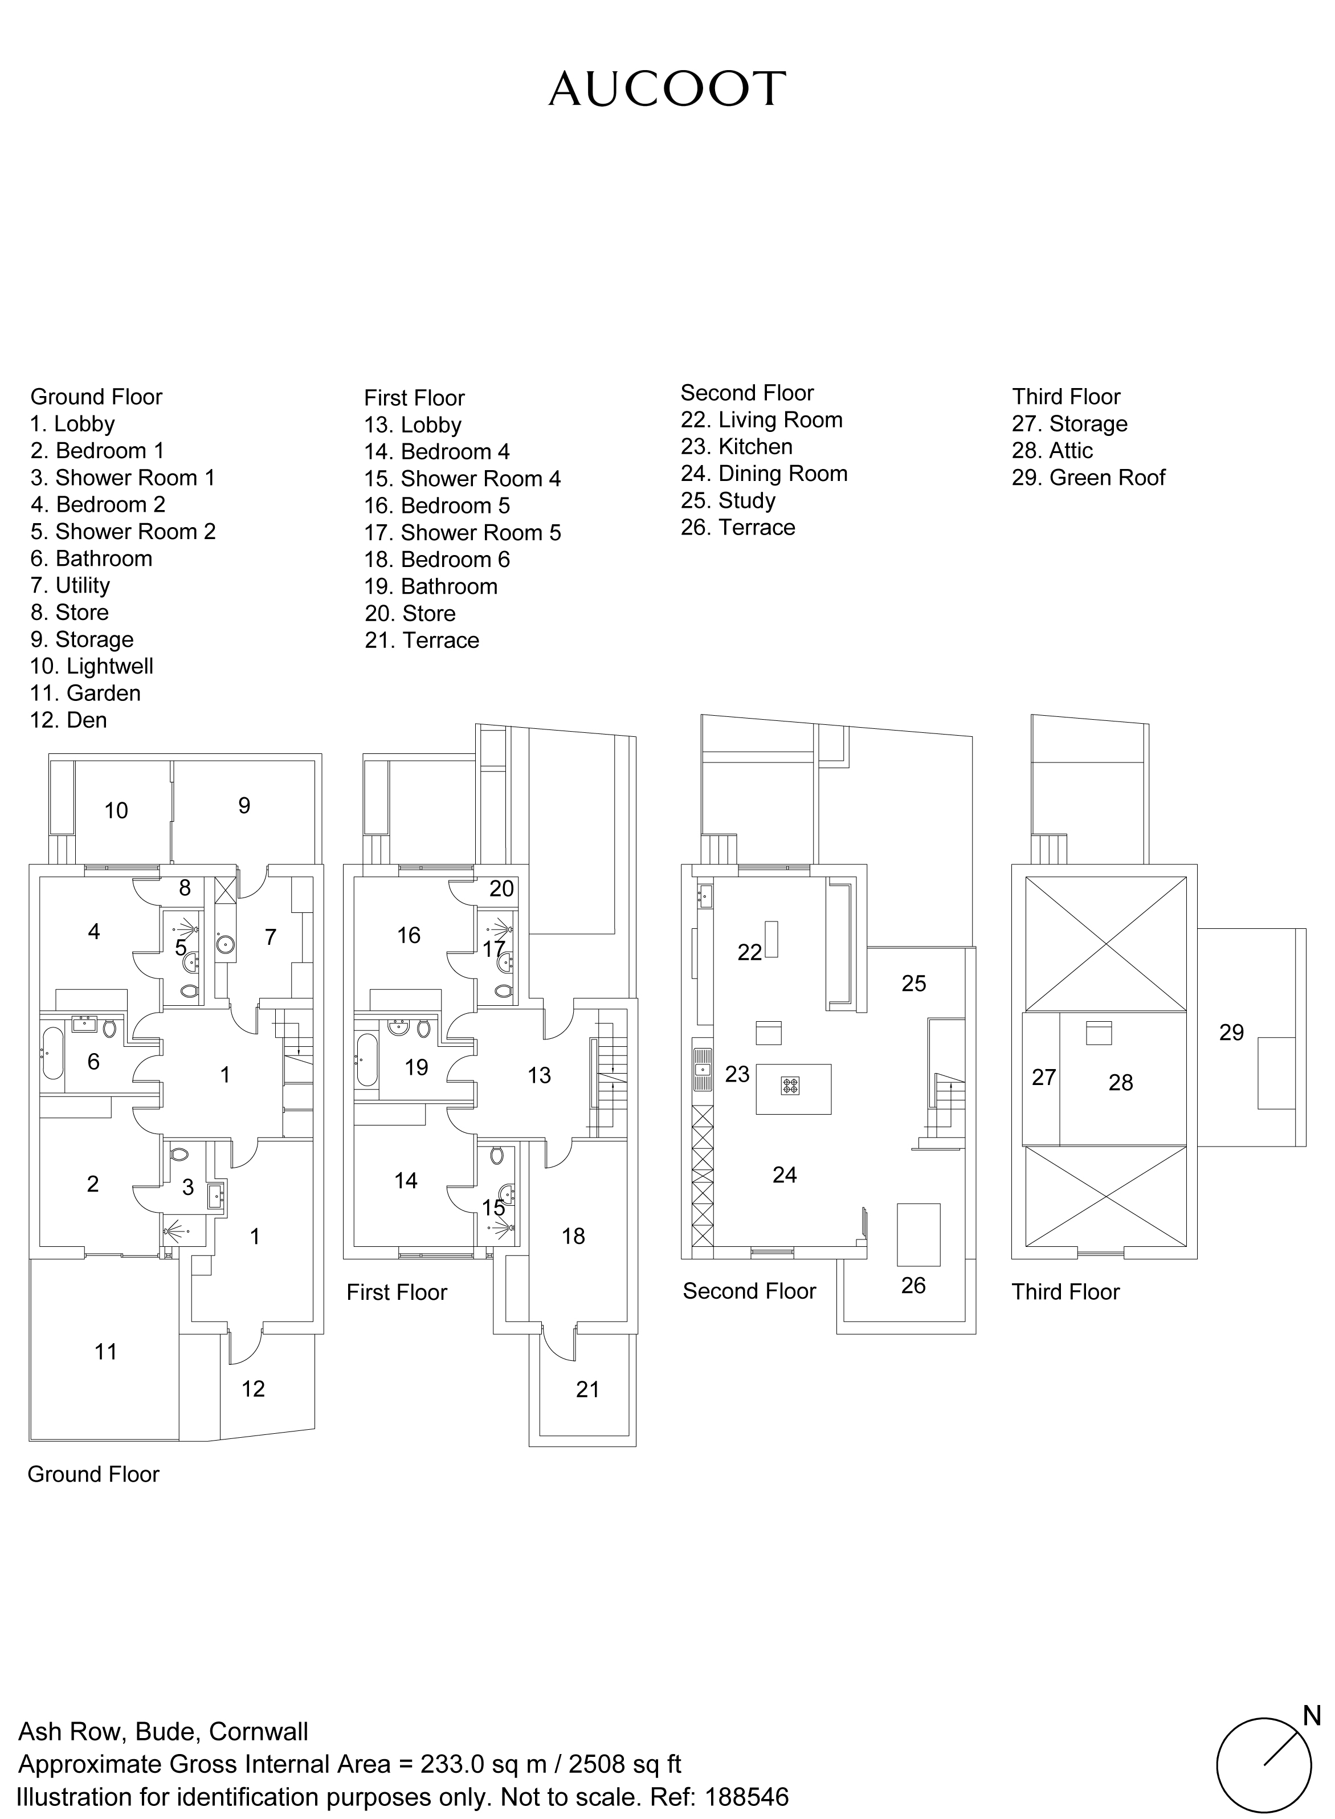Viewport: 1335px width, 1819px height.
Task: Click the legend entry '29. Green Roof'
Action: click(x=1088, y=478)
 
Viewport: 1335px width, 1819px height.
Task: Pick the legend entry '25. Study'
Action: click(x=728, y=501)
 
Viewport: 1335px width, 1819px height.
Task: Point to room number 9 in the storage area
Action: click(x=244, y=806)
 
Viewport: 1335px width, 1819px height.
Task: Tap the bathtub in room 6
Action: click(x=52, y=1053)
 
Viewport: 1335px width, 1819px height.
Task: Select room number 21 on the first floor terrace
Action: click(x=587, y=1389)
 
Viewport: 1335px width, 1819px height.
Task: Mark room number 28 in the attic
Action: click(x=1121, y=1082)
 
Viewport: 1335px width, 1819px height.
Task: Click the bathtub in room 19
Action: click(x=366, y=1059)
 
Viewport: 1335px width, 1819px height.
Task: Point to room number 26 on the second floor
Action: click(x=913, y=1286)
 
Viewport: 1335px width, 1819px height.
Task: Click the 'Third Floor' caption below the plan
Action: click(x=1066, y=1291)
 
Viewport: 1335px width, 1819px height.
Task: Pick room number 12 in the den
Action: click(x=253, y=1389)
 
